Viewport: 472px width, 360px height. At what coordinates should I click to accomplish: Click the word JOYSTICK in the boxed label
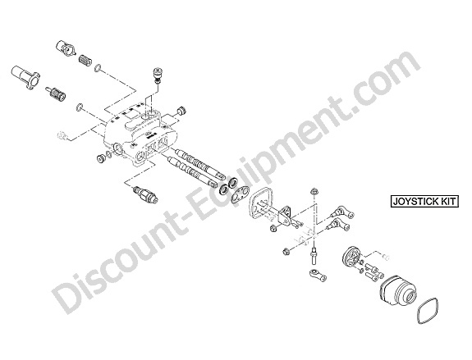click(415, 202)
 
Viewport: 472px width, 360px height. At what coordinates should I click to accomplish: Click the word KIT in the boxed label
click(448, 202)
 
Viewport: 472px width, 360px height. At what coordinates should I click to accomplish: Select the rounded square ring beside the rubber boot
click(427, 311)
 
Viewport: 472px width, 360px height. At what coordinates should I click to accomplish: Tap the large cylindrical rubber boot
click(398, 290)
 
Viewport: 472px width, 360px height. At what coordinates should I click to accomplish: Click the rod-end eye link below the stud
click(318, 274)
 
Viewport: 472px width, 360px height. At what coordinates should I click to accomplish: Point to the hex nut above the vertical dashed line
click(314, 191)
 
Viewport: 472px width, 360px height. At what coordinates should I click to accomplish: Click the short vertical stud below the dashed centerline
click(314, 254)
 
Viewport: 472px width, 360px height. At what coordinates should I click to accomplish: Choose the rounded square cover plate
click(260, 203)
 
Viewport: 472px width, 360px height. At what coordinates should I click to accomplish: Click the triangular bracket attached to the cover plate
click(286, 216)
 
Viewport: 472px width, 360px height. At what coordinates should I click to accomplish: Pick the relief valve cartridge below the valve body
click(145, 194)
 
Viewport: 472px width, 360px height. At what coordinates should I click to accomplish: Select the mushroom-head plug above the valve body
click(157, 75)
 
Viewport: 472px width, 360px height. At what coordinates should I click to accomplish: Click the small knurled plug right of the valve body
click(181, 111)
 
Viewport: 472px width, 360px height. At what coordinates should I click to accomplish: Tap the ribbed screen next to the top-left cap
click(85, 60)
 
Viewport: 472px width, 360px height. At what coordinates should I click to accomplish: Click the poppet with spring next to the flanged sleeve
click(56, 94)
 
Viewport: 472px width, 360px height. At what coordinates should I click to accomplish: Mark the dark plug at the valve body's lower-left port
click(100, 159)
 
